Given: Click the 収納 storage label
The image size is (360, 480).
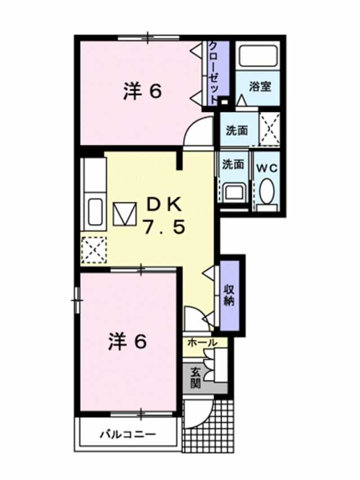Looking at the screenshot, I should coord(230,294).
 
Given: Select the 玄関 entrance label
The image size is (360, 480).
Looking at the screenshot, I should coord(196,378).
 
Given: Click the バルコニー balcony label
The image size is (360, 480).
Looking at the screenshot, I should coord(128,434).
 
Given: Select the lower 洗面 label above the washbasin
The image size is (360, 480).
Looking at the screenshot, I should coord(233,164).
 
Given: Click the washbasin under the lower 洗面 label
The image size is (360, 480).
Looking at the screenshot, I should coord(232,192).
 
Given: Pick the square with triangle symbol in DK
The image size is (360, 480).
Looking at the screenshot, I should coord(125,214).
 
